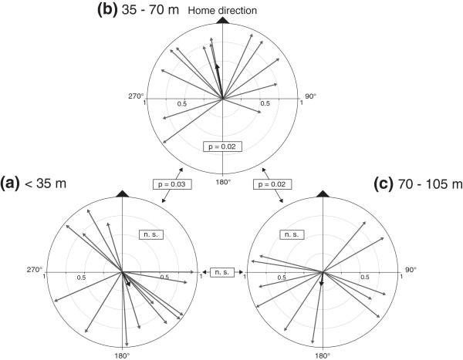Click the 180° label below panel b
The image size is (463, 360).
pyautogui.click(x=223, y=182)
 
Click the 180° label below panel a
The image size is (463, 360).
pyautogui.click(x=122, y=355)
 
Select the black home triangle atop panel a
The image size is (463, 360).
pyautogui.click(x=122, y=191)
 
